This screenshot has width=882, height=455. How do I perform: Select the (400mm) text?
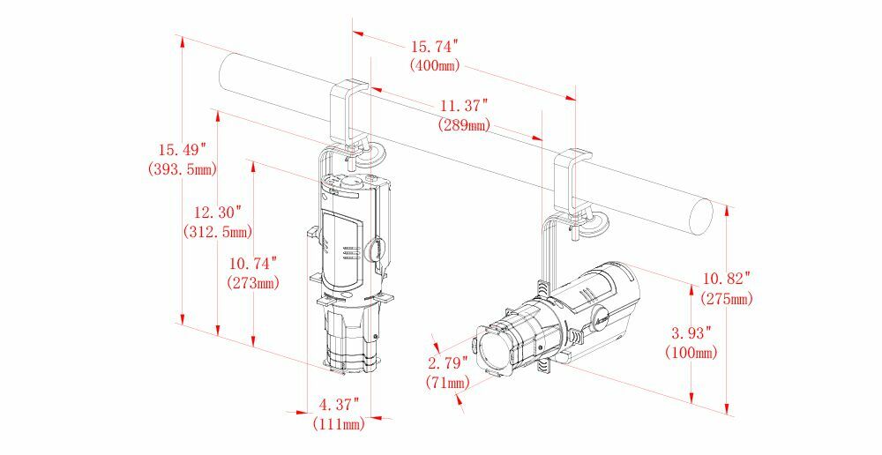(435, 65)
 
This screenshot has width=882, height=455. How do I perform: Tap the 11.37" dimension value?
(464, 105)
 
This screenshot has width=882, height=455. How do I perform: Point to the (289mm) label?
(464, 125)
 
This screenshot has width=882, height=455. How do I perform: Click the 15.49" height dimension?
(182, 150)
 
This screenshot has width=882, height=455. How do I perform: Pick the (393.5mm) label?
(182, 168)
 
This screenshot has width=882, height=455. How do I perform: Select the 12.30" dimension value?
(218, 213)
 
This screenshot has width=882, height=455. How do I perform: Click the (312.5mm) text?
(218, 231)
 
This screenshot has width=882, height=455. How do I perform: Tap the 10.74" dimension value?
(253, 264)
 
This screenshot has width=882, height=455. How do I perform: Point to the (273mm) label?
(253, 282)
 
